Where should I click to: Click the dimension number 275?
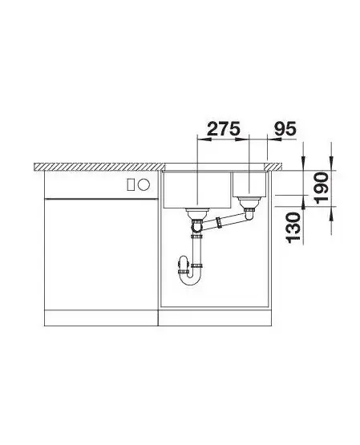click(224, 129)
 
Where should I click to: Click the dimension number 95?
click(285, 129)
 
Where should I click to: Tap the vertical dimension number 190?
click(322, 188)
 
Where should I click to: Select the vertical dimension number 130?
click(293, 228)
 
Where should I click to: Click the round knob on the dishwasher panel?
click(144, 184)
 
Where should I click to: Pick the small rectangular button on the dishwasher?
click(131, 184)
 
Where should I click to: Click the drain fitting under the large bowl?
click(197, 213)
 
